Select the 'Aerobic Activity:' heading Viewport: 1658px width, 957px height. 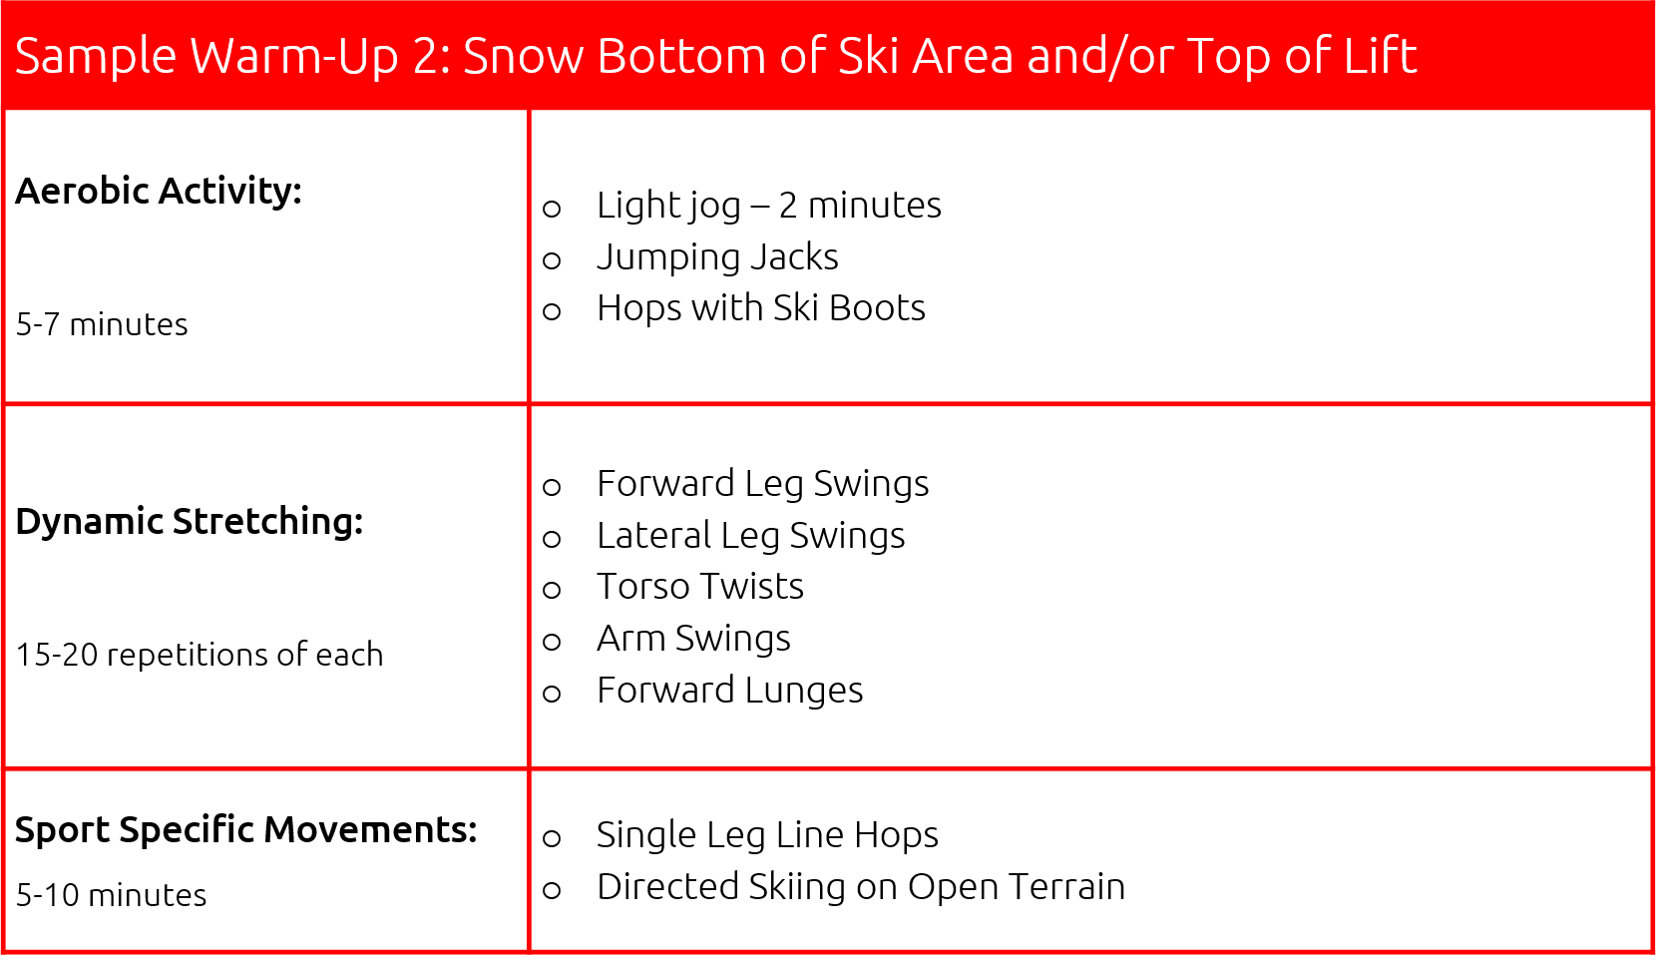tap(159, 191)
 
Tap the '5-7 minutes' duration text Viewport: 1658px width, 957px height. tap(102, 324)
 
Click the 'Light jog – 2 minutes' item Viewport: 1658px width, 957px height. tap(768, 206)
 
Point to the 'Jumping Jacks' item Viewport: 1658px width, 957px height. tap(717, 257)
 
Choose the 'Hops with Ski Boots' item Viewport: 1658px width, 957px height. tap(760, 308)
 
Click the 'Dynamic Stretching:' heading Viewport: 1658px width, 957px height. tap(190, 521)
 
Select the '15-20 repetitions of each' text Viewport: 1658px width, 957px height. tap(200, 655)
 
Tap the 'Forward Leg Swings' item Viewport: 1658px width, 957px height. tap(762, 484)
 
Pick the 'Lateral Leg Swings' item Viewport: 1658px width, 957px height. tap(750, 536)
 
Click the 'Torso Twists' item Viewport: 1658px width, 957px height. tap(699, 587)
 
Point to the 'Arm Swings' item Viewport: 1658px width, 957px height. tap(693, 639)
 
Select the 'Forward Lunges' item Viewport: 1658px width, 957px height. tap(729, 691)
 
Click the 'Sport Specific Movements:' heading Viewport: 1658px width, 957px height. tap(246, 829)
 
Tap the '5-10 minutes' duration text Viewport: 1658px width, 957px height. tap(112, 895)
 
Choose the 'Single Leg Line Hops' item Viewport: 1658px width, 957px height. tap(767, 835)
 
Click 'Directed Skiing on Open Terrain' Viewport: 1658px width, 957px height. tap(860, 887)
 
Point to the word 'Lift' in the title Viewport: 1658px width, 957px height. tap(1380, 56)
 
